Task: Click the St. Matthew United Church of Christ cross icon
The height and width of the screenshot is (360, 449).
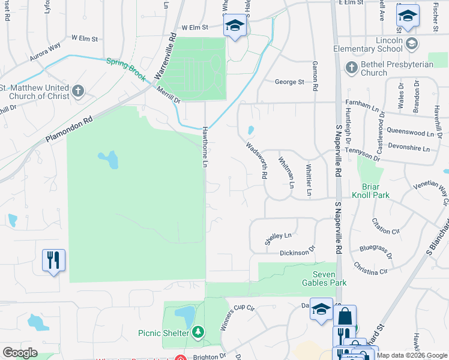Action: [77, 91]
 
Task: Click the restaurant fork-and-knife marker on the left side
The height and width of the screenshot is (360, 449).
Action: [53, 260]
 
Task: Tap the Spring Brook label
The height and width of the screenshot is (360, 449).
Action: [126, 69]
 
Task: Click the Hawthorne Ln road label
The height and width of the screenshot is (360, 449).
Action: [206, 146]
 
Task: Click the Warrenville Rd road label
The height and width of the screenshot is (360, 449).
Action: [164, 58]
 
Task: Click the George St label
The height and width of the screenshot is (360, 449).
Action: [289, 82]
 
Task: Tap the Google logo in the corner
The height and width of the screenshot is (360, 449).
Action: [20, 353]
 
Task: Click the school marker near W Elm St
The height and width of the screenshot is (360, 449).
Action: [235, 26]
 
